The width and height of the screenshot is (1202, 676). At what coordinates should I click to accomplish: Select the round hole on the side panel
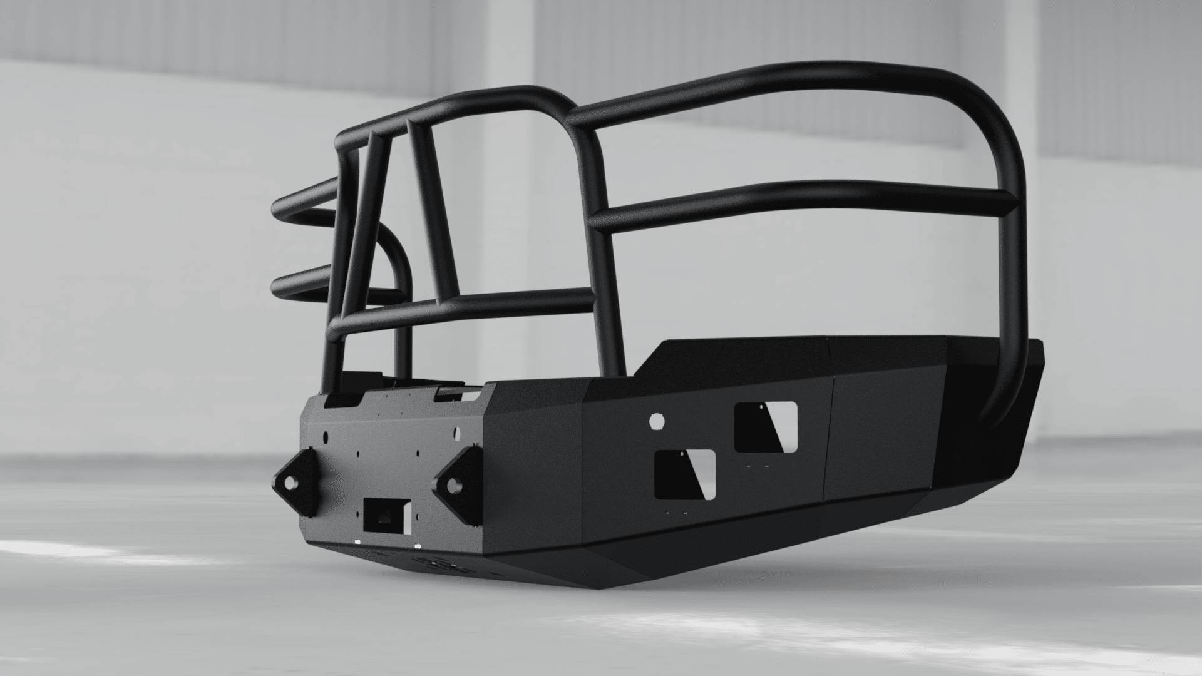(x=657, y=421)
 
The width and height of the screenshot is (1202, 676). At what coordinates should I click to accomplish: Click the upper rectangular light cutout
(x=765, y=427)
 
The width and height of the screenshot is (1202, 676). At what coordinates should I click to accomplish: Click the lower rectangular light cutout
(x=685, y=474)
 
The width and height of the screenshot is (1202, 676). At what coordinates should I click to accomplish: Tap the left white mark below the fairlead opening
(x=357, y=542)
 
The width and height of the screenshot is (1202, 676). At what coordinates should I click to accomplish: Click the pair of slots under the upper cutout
(x=758, y=466)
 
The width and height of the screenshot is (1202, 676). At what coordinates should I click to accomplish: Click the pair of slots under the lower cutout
(x=677, y=514)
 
